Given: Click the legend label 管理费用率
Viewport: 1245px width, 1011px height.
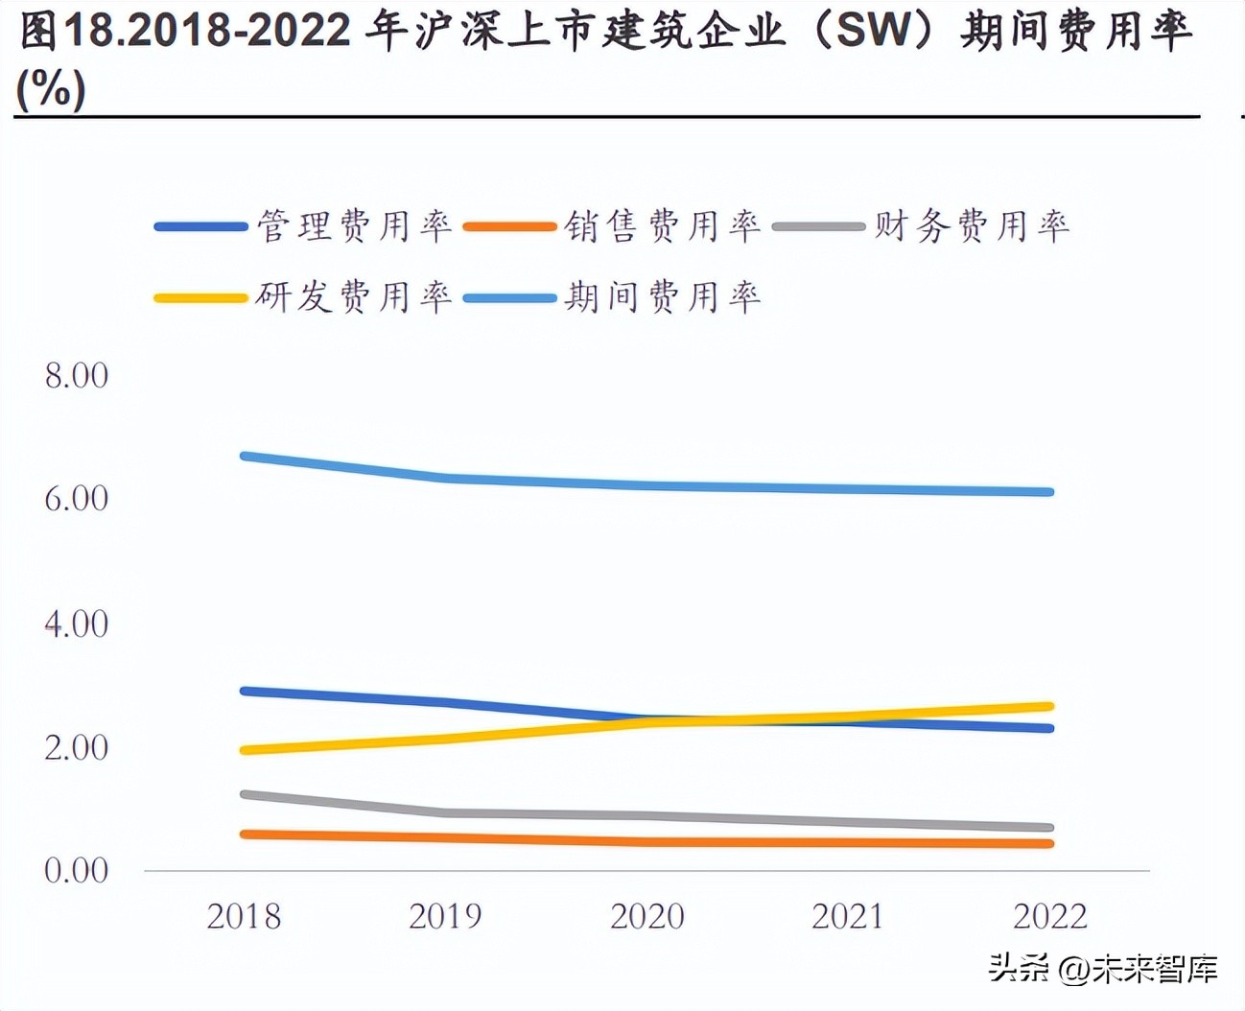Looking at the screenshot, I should coord(354,226).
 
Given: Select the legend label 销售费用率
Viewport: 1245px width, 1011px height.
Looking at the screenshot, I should coord(662,226).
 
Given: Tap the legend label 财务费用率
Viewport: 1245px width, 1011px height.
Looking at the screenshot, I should coord(971,226).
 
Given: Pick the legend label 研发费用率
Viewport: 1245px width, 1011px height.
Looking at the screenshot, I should coord(354,297).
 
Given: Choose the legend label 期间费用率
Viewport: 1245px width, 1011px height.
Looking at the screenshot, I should coord(662,297).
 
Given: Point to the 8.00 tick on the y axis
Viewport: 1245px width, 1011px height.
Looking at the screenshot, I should coord(77,375).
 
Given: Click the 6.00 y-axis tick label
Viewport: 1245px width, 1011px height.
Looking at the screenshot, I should coord(77,498).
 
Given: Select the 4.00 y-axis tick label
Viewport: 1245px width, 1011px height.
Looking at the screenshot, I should coord(77,624).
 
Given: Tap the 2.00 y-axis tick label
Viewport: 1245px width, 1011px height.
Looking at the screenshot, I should coord(77,747).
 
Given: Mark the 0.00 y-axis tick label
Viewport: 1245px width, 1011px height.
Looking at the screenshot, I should coord(77,870).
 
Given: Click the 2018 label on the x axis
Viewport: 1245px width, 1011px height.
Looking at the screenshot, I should coord(245,917).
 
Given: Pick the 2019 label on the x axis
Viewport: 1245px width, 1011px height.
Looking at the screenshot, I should coord(446,917).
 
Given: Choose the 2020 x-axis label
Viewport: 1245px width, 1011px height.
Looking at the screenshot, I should coord(647,917).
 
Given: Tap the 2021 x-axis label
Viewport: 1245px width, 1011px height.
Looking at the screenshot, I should coord(849,917).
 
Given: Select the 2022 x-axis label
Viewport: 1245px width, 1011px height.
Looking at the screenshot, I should coord(1050,917).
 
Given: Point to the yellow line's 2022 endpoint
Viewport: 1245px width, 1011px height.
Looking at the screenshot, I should coord(1049,707).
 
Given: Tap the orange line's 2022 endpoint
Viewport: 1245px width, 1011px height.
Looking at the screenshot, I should coord(1049,844).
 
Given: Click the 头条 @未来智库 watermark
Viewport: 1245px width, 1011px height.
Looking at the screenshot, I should coord(1103,969).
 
